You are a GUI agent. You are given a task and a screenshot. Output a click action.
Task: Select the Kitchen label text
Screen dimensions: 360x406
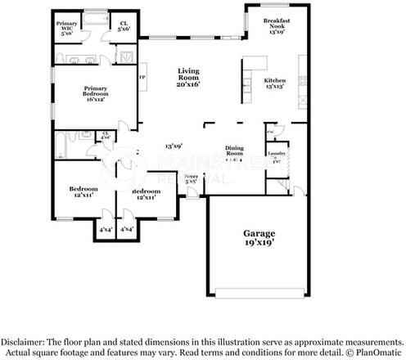pos(274,80)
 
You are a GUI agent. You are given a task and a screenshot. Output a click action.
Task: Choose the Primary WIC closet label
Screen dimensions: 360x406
pos(67,25)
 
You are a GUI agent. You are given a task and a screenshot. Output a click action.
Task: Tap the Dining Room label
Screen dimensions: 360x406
pos(235,151)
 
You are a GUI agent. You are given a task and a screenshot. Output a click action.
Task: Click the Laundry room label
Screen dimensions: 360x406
pos(276,153)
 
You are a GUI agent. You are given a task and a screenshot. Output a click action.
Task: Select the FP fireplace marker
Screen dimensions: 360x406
pos(142,78)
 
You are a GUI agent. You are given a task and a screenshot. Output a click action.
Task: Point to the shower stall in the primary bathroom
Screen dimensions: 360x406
pos(129,55)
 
